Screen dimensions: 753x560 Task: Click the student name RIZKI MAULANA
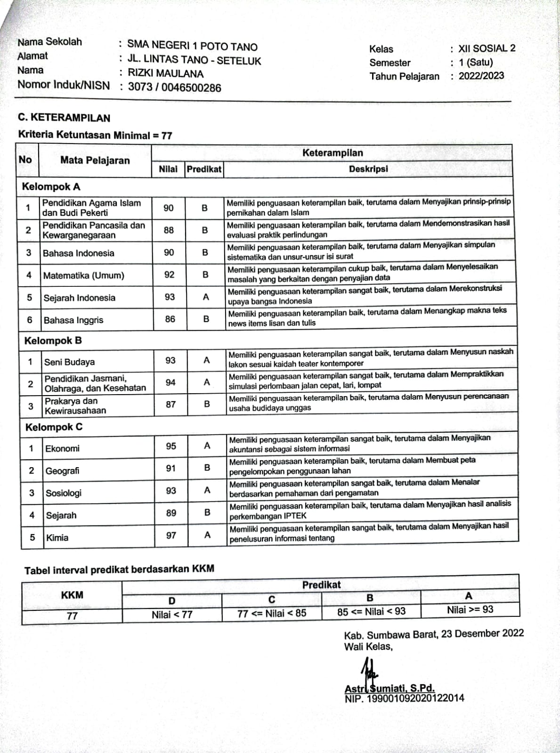166,73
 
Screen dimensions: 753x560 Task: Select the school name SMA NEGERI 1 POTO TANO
193,46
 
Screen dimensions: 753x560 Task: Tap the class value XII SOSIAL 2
487,48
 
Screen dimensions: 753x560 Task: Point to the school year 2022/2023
481,76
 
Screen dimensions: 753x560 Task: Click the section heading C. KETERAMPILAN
64,118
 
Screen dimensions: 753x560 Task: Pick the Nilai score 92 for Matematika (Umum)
169,275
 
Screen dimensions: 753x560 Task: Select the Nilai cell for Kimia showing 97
171,535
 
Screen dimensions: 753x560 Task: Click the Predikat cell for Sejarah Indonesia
205,297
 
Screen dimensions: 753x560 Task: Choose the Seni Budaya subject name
69,362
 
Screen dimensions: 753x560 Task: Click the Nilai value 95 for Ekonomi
171,446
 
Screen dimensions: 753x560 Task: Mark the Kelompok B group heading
53,340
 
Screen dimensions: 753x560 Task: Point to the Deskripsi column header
368,169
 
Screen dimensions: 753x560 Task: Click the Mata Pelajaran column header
95,161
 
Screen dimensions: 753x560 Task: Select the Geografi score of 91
170,468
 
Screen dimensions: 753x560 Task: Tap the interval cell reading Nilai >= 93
470,610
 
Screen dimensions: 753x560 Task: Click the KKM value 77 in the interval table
72,616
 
